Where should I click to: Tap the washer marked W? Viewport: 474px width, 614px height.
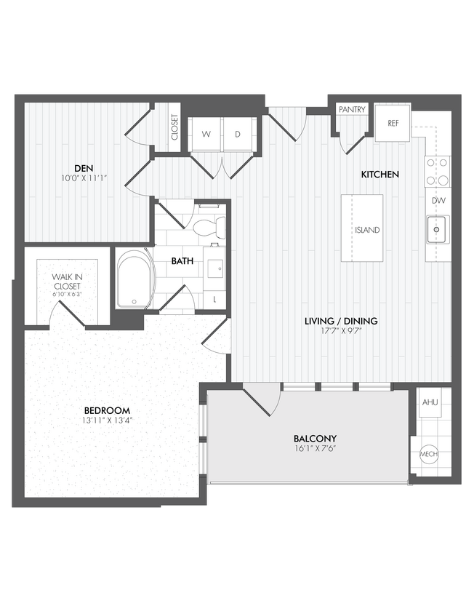point(206,135)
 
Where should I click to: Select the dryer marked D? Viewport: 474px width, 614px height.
point(237,135)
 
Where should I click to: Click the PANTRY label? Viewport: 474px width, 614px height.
point(352,110)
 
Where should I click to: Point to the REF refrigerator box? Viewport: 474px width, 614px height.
point(393,123)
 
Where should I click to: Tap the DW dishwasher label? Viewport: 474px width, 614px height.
point(438,200)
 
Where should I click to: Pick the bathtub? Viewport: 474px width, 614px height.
point(134,279)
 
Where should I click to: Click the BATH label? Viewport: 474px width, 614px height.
point(182,260)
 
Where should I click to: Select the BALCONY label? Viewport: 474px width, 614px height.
point(315,438)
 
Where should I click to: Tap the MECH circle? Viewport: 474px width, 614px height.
point(429,455)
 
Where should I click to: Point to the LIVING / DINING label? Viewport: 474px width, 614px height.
point(340,321)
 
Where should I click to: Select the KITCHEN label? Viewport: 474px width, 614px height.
point(380,175)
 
